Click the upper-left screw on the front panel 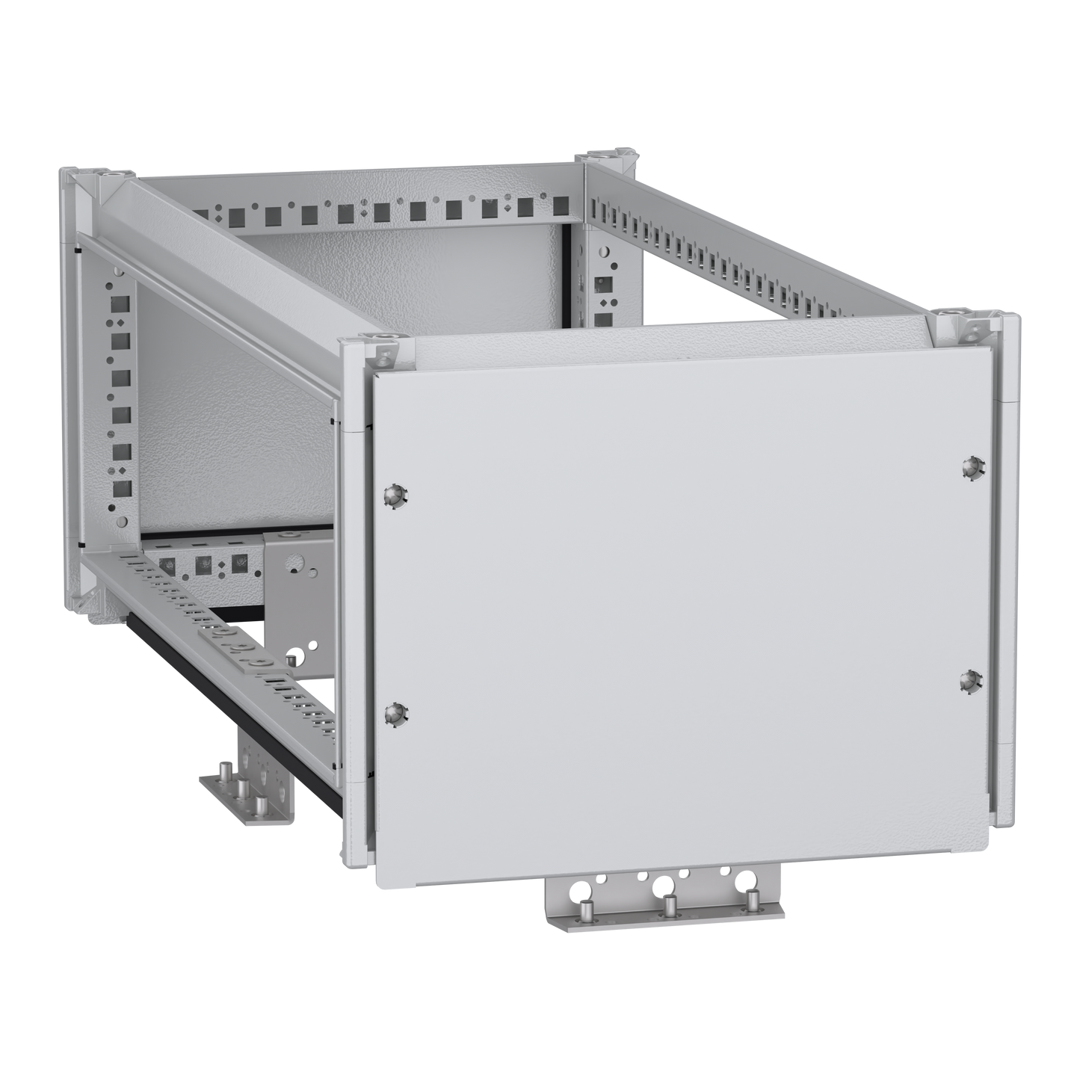(x=392, y=494)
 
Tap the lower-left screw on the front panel (x=394, y=712)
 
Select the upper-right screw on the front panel (x=972, y=466)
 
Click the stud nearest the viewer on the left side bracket (x=259, y=806)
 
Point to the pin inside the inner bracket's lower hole (x=296, y=658)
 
